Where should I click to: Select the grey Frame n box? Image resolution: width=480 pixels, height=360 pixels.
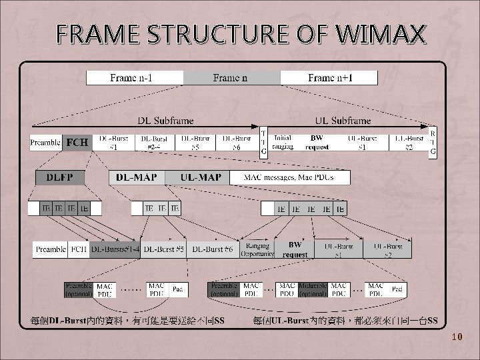tap(231, 78)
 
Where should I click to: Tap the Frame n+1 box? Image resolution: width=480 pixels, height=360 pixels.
tap(330, 78)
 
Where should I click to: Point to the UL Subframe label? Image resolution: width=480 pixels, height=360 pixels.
tap(347, 121)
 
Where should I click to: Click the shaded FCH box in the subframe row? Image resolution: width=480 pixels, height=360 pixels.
tap(77, 143)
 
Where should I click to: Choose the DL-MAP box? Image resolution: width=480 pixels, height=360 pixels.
tap(137, 178)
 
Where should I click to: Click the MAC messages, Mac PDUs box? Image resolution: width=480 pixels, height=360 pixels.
tap(288, 178)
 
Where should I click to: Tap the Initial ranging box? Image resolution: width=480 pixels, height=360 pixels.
tap(283, 143)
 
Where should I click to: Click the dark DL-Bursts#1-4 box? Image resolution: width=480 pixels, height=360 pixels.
tap(115, 249)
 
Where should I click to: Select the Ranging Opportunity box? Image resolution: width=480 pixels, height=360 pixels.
tap(257, 249)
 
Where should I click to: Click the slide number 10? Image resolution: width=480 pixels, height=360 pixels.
tap(457, 337)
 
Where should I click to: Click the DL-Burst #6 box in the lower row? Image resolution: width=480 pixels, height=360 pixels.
tap(212, 249)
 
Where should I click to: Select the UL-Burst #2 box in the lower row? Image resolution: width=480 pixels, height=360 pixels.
tap(387, 249)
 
